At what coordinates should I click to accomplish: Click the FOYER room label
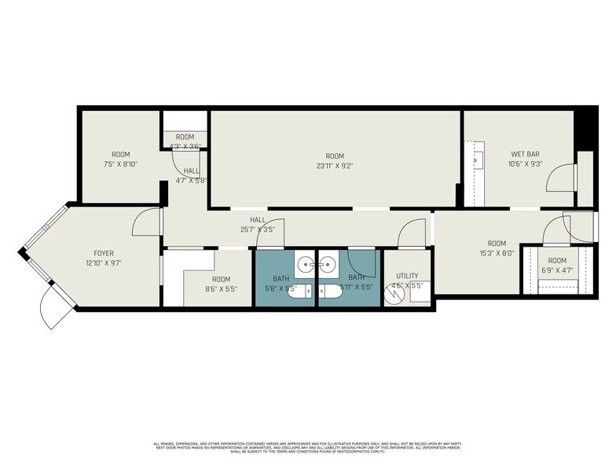point(104,253)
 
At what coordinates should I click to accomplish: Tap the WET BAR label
point(525,154)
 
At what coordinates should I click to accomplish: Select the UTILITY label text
point(406,276)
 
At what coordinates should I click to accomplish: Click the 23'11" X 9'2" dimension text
point(335,165)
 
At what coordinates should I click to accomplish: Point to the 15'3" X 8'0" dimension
point(497,254)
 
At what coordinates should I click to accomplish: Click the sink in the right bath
point(328,261)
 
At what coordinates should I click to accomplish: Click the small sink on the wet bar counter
point(477,159)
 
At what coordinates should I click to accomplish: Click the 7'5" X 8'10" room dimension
point(120,164)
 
